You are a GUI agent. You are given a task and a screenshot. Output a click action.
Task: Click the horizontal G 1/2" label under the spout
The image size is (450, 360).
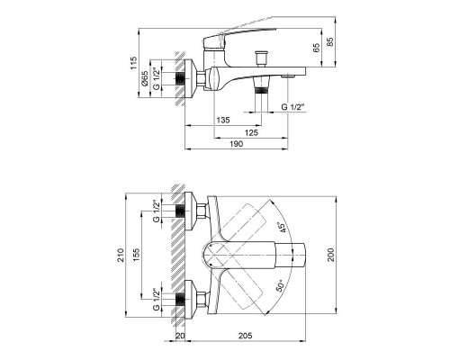tap(294, 107)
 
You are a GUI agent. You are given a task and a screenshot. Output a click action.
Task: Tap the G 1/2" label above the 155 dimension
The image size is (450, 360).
tap(157, 211)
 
